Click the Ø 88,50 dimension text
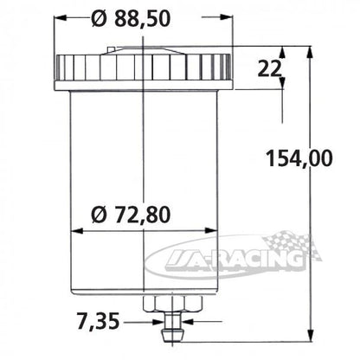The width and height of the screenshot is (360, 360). point(131,19)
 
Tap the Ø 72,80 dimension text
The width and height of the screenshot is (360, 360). point(131,215)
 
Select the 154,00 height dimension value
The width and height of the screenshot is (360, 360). point(299,158)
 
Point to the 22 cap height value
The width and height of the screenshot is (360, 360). point(269,69)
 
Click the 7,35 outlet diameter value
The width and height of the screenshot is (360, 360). point(98,321)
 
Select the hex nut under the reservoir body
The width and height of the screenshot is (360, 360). point(173,304)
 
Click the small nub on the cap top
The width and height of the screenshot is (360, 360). point(112,49)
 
